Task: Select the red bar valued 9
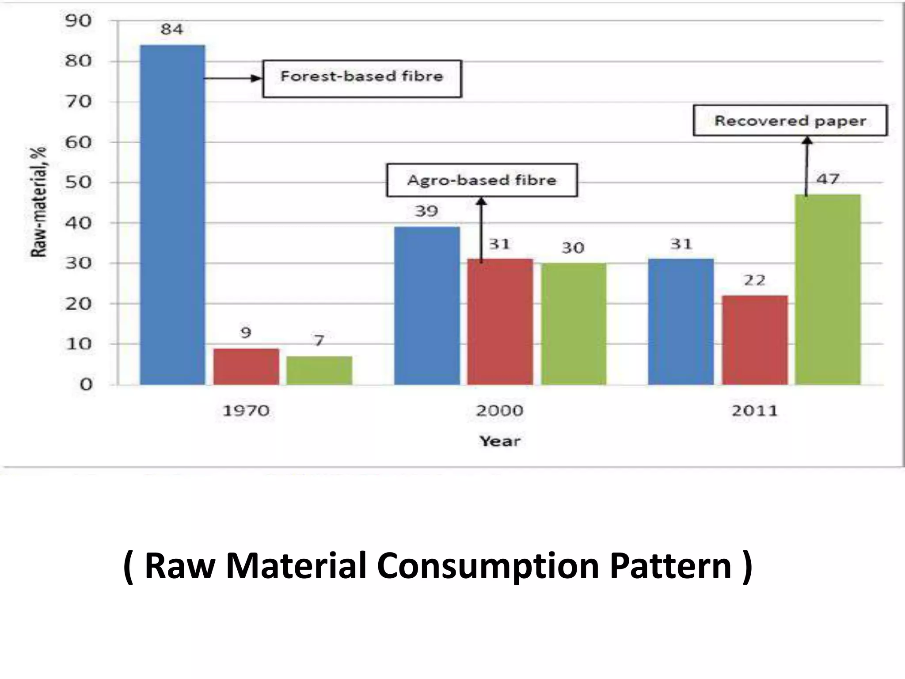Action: tap(246, 366)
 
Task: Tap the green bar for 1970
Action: tap(319, 370)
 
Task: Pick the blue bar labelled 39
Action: tap(427, 305)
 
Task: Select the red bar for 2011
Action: tap(755, 340)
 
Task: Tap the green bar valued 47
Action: tap(828, 290)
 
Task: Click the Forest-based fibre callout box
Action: tap(362, 79)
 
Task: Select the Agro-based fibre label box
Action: tap(482, 180)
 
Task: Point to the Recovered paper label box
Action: tap(790, 120)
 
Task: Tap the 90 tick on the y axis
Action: tap(78, 21)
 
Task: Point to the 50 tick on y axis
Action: tap(78, 182)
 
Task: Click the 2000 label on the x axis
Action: tap(500, 411)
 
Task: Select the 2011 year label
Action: tap(754, 411)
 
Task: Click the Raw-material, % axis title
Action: tap(39, 202)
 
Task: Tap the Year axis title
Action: tap(500, 441)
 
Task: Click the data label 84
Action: tap(171, 30)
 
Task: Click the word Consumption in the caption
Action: tap(487, 566)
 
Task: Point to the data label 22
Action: tap(754, 280)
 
